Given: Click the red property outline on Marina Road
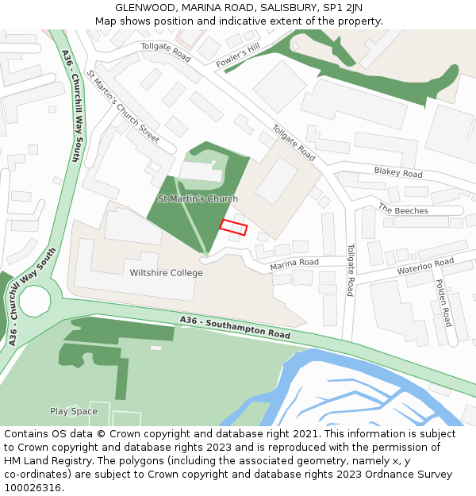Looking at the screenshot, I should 233,227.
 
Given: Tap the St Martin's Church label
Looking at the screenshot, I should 198,198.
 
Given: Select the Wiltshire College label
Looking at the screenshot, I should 166,273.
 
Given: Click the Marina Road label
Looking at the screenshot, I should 294,263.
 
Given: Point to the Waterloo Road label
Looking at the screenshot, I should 425,266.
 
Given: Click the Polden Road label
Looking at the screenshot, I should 444,302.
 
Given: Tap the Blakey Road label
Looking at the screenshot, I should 398,172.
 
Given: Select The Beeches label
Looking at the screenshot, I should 403,210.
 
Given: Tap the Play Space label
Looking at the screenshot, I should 74,411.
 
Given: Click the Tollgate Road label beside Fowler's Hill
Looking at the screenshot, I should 166,52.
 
